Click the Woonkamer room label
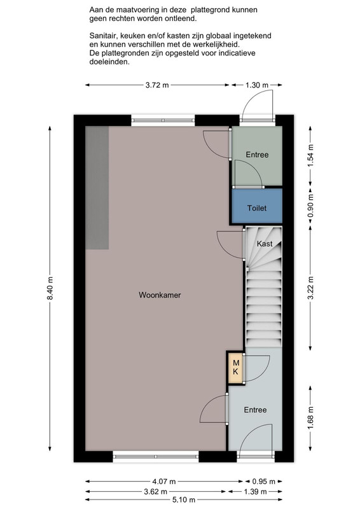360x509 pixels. click(x=160, y=295)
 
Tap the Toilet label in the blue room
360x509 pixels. click(x=257, y=208)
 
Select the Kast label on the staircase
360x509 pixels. click(x=265, y=244)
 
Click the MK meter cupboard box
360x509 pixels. click(x=236, y=368)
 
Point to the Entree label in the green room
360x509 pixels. click(x=257, y=155)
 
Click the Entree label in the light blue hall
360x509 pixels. click(x=255, y=410)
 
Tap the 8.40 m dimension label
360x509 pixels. click(x=50, y=289)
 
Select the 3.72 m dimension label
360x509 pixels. click(x=157, y=85)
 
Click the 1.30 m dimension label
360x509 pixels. click(x=257, y=85)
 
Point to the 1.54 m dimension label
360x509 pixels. click(x=310, y=155)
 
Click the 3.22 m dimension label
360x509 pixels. click(x=310, y=288)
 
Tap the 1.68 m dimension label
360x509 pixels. click(x=310, y=419)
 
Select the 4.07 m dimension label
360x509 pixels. click(x=164, y=482)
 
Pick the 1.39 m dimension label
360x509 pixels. click(x=255, y=491)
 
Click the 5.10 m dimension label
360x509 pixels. click(x=183, y=500)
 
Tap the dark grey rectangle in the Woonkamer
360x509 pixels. click(x=97, y=188)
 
